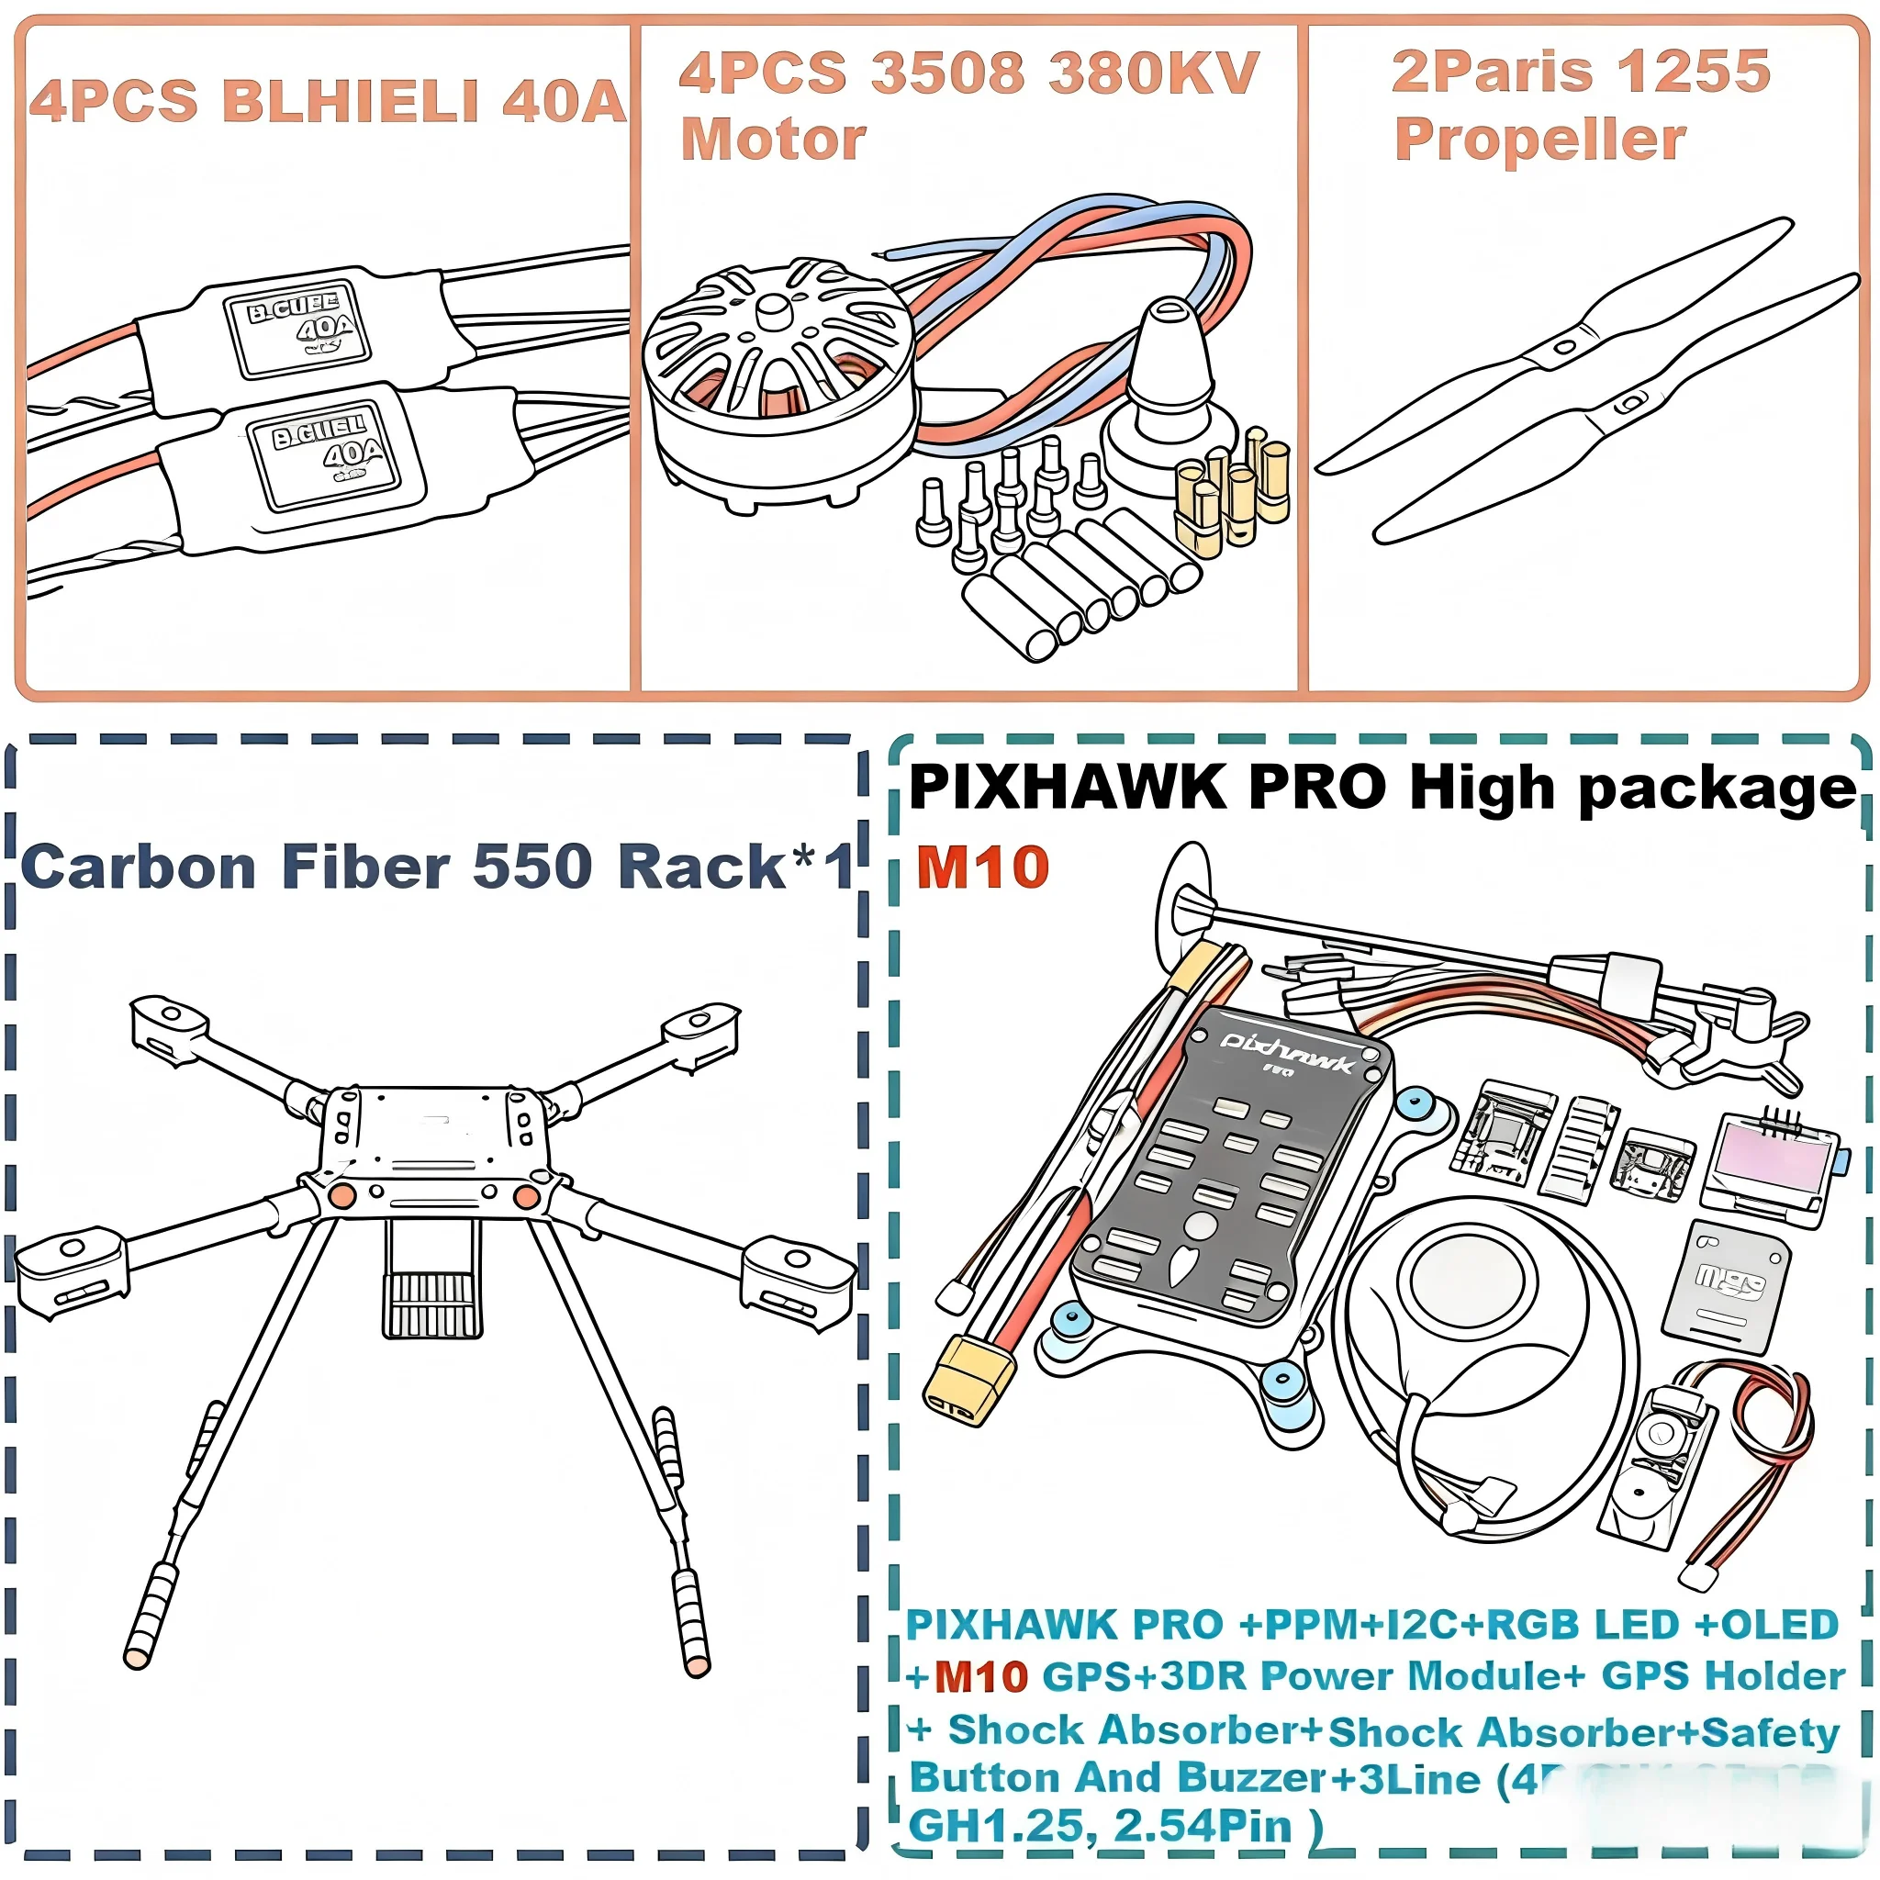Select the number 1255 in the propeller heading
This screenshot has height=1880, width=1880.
pos(1693,71)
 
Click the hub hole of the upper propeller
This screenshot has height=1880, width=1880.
pos(1563,346)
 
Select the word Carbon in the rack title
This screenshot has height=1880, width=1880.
pos(139,867)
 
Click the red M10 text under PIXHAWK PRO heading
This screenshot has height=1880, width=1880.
pos(982,867)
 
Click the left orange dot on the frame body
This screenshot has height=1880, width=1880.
pos(341,1196)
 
